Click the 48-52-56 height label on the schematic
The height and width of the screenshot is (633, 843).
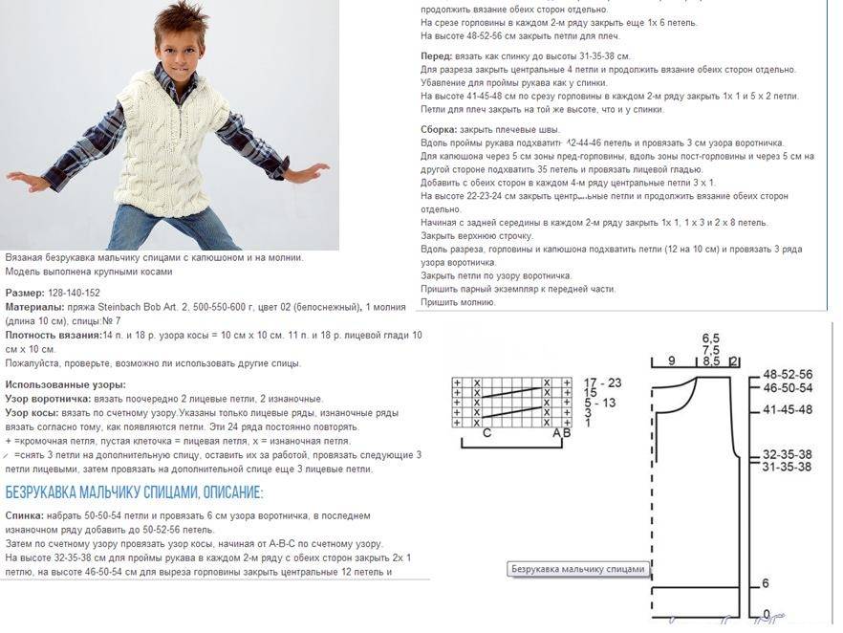(x=787, y=374)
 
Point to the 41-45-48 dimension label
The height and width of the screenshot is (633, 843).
(x=787, y=409)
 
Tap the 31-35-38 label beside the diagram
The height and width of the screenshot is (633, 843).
(x=787, y=467)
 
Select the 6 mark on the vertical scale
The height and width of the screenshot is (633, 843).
(x=766, y=583)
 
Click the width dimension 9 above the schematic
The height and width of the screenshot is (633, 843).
(x=671, y=360)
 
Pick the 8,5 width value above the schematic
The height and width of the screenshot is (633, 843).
(x=711, y=361)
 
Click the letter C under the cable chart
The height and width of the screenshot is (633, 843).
(x=486, y=433)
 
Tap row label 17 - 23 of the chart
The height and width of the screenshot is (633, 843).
(x=601, y=382)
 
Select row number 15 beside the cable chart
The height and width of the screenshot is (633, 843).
(x=590, y=393)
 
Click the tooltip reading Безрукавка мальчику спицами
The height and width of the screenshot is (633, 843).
(x=578, y=569)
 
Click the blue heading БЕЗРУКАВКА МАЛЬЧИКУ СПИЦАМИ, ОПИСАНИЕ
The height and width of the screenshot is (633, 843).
(x=134, y=493)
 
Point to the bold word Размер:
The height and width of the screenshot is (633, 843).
(x=25, y=293)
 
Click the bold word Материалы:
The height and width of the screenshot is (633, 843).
(x=35, y=307)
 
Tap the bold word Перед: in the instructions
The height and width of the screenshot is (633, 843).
(x=438, y=56)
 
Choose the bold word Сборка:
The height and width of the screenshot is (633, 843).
(x=439, y=129)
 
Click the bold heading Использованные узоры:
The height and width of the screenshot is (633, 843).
(x=65, y=385)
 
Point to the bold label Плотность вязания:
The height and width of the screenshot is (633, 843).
(x=54, y=336)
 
